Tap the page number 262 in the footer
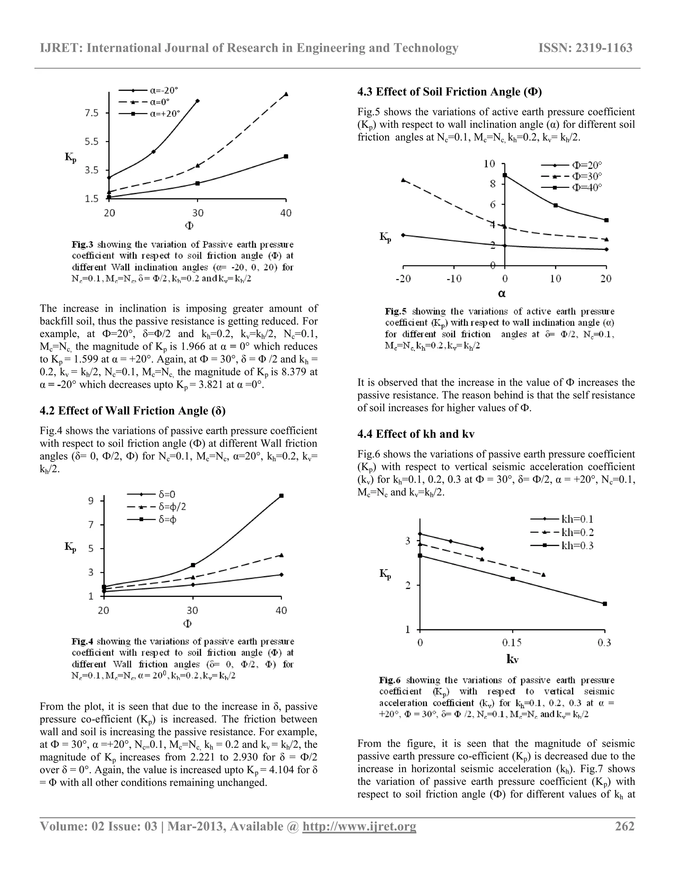click(624, 826)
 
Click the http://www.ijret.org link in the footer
click(359, 826)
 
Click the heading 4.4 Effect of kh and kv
click(416, 434)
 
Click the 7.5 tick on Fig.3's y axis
click(92, 113)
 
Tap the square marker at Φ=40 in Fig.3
click(286, 156)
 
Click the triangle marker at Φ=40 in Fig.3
click(286, 94)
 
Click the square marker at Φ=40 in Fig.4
click(281, 496)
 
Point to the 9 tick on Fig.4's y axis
click(91, 501)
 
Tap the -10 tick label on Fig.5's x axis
click(454, 279)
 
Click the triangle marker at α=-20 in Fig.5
click(403, 180)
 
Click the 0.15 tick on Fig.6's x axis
click(512, 642)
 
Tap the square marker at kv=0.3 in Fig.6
click(604, 604)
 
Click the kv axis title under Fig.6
click(512, 659)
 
